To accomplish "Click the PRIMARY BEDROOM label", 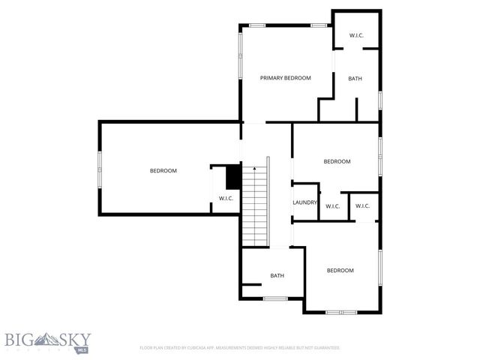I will pos(285,78).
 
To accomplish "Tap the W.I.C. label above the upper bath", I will pos(357,36).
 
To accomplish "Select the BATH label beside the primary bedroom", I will pos(355,78).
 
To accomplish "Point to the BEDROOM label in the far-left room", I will pos(163,171).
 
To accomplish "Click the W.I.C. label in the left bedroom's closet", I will pos(226,198).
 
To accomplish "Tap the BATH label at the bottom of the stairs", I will pos(277,276).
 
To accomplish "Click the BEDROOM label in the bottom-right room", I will pos(340,270).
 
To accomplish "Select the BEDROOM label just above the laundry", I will pos(337,161).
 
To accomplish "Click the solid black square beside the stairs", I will pos(233,177).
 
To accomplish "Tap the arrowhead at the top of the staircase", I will pos(255,169).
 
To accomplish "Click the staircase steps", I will pos(255,210).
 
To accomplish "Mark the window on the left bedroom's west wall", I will pos(100,169).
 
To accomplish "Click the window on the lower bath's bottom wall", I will pos(275,298).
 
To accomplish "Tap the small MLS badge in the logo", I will pos(82,349).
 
